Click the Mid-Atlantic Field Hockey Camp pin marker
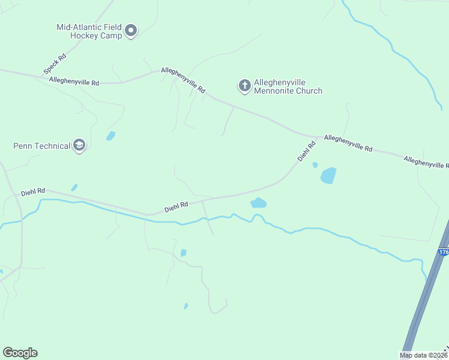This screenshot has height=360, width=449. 131,31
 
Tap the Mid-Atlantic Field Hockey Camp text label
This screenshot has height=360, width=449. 89,31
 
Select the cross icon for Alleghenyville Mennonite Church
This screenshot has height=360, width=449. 244,86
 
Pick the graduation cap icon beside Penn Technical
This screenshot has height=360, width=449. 79,145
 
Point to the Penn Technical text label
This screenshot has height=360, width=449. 41,146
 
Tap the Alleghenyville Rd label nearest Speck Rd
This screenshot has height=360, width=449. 74,81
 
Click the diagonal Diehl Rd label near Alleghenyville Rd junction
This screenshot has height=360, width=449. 307,151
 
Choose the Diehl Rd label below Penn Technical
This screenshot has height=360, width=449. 33,192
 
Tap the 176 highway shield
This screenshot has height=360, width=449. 444,253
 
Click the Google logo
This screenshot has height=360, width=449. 20,353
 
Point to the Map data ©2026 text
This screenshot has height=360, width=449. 424,355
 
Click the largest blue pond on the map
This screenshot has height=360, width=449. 328,176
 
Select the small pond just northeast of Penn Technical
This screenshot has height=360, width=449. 110,136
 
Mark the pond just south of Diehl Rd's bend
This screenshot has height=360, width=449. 258,203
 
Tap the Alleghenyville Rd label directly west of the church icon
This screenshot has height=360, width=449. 183,80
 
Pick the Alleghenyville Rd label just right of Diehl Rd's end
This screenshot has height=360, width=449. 348,143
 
